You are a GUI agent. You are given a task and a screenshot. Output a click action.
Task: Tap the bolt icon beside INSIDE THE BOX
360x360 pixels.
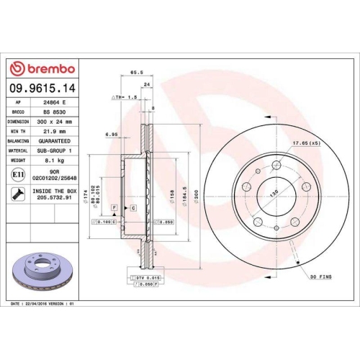(17, 193)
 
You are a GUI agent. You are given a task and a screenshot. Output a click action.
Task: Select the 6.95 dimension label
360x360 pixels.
(112, 134)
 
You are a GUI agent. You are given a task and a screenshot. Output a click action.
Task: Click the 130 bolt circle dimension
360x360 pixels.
(274, 194)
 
